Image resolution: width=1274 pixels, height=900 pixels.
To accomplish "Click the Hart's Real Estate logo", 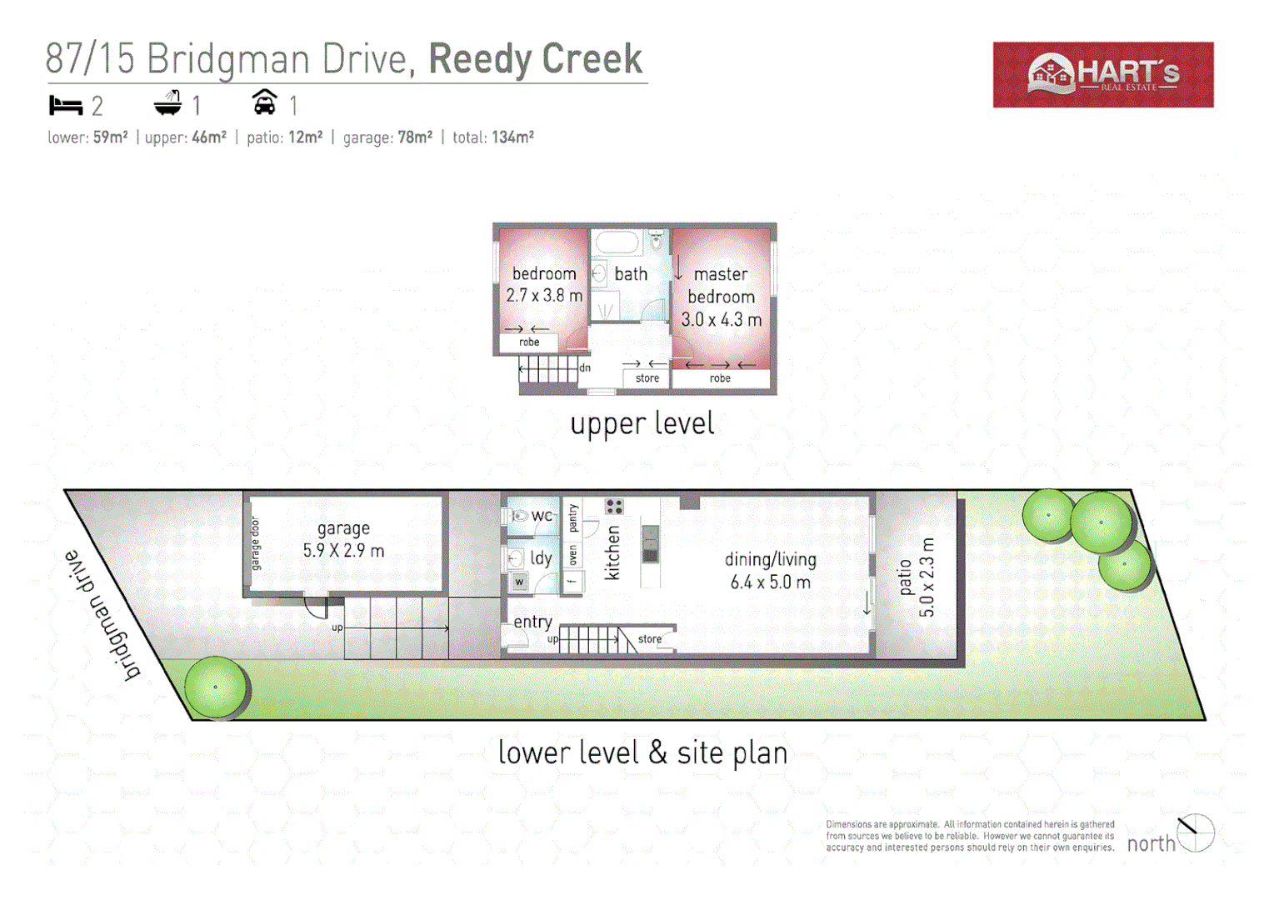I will (x=1102, y=74).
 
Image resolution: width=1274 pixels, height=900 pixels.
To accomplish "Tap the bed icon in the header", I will (x=66, y=106).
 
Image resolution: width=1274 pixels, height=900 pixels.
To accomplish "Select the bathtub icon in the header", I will (x=167, y=103).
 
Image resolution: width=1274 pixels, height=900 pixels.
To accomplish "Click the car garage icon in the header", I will (x=264, y=102).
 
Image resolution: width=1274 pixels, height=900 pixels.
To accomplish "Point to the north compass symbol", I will (x=1196, y=832).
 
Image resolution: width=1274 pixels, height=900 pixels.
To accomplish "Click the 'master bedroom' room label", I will (x=721, y=285).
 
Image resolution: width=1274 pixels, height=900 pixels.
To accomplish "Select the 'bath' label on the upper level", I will (x=631, y=273).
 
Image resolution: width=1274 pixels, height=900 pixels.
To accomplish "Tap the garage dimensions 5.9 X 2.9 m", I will (x=343, y=551).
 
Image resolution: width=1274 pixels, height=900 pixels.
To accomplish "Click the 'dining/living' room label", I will (x=770, y=559).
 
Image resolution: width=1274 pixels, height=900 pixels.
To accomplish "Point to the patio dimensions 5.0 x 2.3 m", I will (x=927, y=577).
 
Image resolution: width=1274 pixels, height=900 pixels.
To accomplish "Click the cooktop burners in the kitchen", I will (x=614, y=506).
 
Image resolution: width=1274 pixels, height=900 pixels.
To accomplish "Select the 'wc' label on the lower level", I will (x=542, y=516).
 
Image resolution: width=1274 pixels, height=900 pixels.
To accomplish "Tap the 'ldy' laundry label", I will (x=541, y=558).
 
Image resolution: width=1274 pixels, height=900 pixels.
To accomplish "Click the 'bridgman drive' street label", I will (x=102, y=616).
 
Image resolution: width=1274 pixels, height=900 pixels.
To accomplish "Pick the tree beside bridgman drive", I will (x=215, y=687).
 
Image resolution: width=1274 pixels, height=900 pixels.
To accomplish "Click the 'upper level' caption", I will (x=642, y=423).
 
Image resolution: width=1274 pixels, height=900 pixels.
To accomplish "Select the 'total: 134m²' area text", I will (x=492, y=137).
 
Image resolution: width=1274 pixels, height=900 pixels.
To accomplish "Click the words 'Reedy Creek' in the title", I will (x=535, y=59).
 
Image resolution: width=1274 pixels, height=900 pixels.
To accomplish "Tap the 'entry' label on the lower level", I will (x=532, y=622).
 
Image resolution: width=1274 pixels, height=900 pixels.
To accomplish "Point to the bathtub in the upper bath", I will (x=617, y=242).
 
